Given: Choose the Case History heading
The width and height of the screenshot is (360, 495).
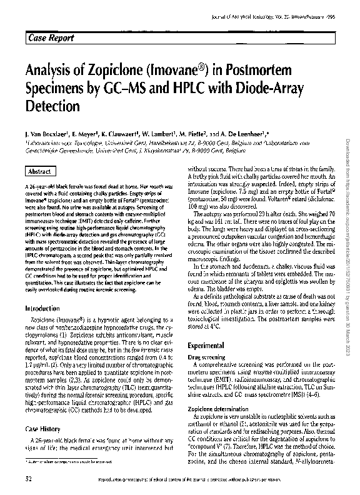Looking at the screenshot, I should click(x=42, y=429).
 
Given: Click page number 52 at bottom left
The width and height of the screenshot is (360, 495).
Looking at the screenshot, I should click(x=29, y=478).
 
